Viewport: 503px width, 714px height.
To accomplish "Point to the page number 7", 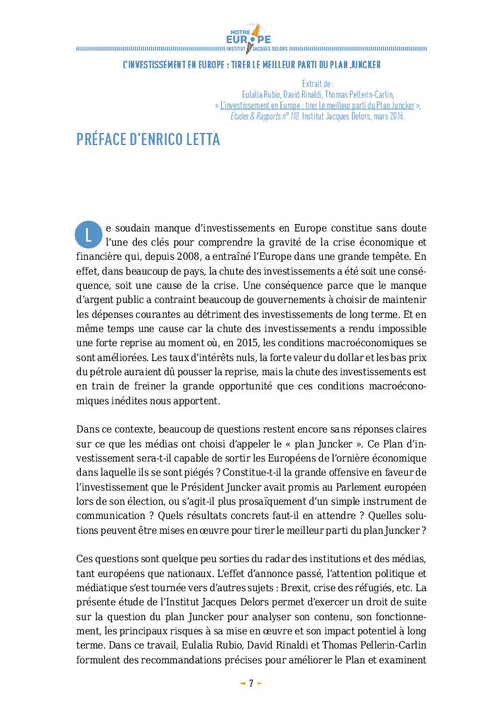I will click(x=251, y=684).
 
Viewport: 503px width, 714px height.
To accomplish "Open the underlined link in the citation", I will click(x=318, y=105).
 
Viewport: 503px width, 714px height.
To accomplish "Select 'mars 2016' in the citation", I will click(x=390, y=116).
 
